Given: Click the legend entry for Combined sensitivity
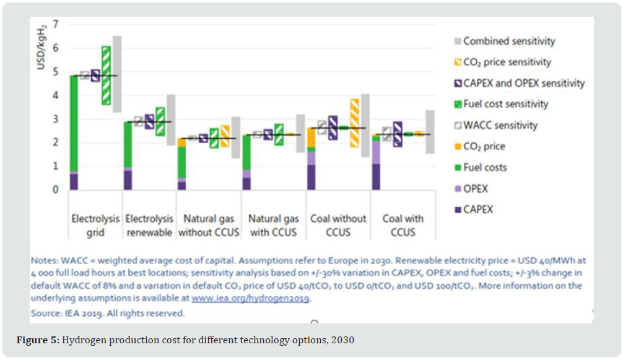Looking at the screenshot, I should pos(508,42).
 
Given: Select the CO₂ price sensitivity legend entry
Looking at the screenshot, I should pos(507,62).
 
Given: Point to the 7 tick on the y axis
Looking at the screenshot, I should pos(56,24).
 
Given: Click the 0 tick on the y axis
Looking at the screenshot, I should pos(56,190).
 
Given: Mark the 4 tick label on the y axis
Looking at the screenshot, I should pos(56,95).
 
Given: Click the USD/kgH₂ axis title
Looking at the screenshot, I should pos(41,49).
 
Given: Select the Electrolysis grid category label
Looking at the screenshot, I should pos(96,226).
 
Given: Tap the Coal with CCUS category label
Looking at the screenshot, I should pos(403,226).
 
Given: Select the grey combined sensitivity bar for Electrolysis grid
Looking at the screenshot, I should pos(117,74).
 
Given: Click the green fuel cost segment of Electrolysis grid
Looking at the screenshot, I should pos(74,123).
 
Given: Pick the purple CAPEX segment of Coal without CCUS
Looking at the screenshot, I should pos(311,177).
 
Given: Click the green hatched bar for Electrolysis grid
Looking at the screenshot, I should pos(106,75).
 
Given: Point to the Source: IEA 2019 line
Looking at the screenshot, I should pos(107,314).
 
